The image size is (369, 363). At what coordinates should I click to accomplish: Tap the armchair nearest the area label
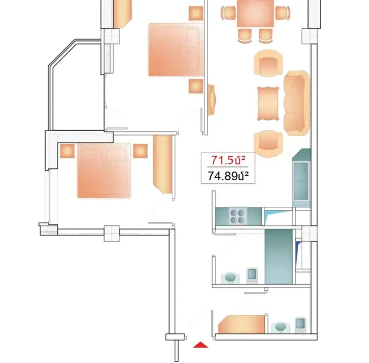point(269,143)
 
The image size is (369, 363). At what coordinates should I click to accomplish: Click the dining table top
point(255,14)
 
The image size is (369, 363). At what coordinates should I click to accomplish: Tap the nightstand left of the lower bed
point(68,151)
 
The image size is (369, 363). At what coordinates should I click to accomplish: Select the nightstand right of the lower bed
point(140,151)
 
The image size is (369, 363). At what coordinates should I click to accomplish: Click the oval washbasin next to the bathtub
point(231,277)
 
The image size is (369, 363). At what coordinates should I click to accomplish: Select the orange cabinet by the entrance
point(241,325)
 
